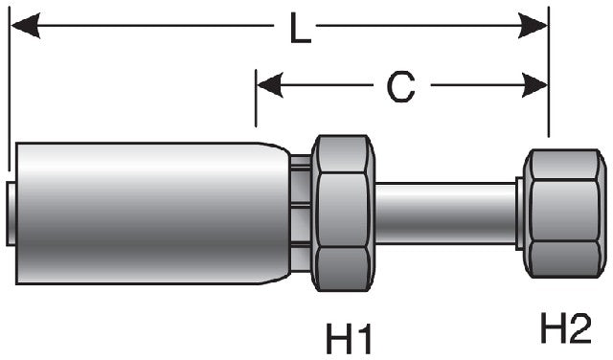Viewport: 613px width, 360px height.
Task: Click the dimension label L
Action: tap(301, 31)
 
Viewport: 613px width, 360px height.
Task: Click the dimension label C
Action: tap(400, 88)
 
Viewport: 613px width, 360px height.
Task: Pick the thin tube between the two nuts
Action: tap(445, 213)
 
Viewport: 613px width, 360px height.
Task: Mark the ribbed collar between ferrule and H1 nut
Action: tap(301, 213)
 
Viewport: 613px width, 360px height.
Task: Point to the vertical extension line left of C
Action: tap(256, 101)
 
